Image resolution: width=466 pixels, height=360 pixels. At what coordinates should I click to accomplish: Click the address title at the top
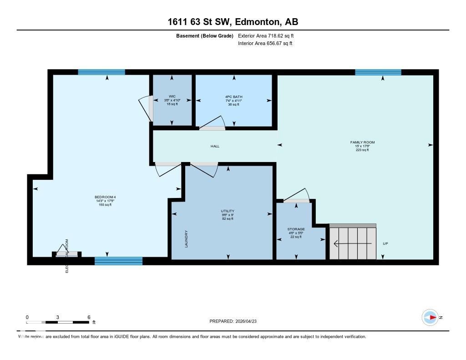coord(233,22)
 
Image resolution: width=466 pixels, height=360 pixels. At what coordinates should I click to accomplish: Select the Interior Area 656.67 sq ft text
coord(265,44)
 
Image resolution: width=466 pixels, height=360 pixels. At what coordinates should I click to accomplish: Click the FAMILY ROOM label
coord(362,142)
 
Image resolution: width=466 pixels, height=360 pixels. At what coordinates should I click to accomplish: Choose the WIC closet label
coord(172,96)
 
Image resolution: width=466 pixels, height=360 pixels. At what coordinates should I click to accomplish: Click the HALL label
coord(215,146)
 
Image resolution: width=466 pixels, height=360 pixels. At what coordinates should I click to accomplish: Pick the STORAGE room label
coord(296,229)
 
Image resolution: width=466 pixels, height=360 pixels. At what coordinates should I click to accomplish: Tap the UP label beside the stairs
coord(385,243)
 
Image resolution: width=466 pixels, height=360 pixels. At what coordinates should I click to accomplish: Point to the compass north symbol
coord(430,317)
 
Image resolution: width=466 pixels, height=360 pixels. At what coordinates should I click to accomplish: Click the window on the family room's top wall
coord(378,72)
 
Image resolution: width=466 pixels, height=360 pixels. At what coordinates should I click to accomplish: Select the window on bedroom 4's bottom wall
coord(118,261)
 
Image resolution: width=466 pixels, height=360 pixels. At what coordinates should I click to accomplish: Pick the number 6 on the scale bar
coord(89,317)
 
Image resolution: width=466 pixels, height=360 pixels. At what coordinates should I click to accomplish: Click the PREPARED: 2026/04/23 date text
coord(236,321)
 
